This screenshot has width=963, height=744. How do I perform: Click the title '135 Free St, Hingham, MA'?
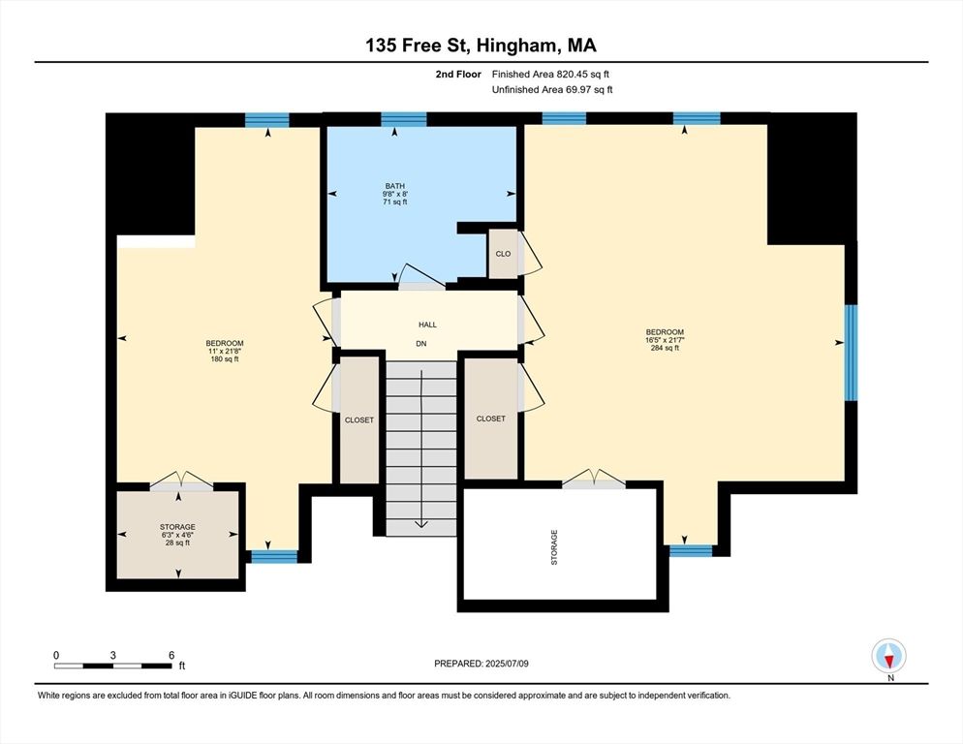tap(481, 45)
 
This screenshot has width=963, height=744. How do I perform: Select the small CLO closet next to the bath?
tap(503, 254)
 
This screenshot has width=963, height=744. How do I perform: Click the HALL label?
tap(426, 325)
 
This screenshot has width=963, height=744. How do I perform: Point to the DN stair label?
tap(421, 344)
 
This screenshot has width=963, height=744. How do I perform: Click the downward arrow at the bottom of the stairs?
tap(421, 524)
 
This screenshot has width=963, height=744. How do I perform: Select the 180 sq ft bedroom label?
tap(224, 351)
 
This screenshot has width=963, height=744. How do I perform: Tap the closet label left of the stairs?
tap(359, 420)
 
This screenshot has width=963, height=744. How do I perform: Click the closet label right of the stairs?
tap(490, 418)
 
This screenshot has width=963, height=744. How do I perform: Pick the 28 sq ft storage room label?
tap(177, 535)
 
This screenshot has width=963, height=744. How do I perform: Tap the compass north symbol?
tap(888, 656)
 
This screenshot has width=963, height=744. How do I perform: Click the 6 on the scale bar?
tap(171, 655)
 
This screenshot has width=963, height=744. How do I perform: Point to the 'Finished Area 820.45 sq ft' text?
tap(550, 74)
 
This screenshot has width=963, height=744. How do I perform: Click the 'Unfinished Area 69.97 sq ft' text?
tap(552, 90)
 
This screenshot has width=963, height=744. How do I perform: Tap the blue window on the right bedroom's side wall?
tap(851, 353)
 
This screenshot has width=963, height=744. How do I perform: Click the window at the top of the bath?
tap(404, 119)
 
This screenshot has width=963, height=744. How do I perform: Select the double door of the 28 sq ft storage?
tap(178, 481)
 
